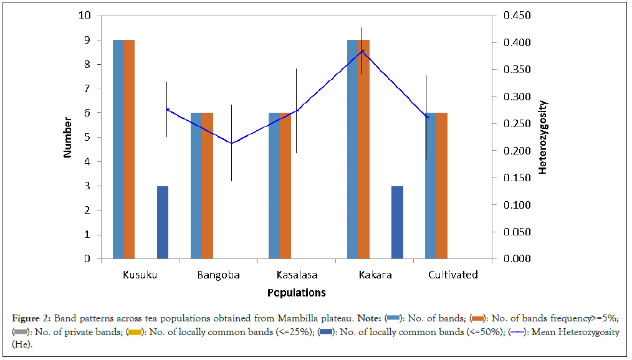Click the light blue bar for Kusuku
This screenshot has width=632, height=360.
(118, 149)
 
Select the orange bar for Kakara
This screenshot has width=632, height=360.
(363, 149)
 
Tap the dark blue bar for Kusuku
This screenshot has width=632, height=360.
(163, 222)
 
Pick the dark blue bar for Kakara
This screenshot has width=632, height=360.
(397, 222)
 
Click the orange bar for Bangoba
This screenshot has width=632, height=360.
(207, 186)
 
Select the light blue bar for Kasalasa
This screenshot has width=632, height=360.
(274, 186)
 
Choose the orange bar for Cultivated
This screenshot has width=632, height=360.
(441, 186)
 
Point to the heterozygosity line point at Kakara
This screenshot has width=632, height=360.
(362, 50)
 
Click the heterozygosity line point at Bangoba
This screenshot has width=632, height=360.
(231, 143)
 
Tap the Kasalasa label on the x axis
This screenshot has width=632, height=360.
(297, 275)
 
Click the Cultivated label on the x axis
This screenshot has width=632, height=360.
(453, 275)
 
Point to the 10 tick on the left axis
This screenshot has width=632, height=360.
(84, 16)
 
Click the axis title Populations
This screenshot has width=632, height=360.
(297, 293)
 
